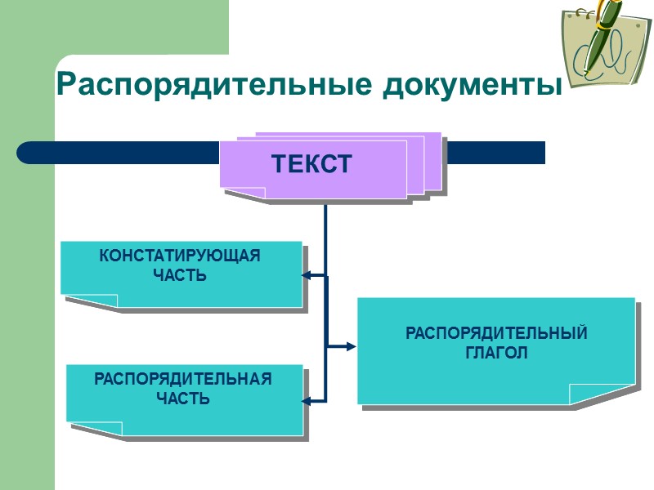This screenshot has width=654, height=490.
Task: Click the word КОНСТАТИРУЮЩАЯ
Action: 180,256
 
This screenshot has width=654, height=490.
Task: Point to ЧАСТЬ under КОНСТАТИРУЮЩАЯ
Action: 180,275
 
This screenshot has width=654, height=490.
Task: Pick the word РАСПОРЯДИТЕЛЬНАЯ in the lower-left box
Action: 183,380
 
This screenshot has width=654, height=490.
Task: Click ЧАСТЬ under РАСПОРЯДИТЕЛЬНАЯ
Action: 183,399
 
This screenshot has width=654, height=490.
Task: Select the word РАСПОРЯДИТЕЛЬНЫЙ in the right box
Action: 496,334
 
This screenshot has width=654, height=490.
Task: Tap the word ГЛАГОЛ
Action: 496,353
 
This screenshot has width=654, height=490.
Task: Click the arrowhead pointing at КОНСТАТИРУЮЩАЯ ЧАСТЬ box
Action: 306,275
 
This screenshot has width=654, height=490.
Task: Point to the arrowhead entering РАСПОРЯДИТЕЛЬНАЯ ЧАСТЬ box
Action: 307,400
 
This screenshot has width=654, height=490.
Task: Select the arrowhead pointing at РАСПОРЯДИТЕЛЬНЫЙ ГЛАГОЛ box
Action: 352,346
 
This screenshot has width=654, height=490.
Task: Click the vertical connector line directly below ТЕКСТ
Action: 325,237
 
